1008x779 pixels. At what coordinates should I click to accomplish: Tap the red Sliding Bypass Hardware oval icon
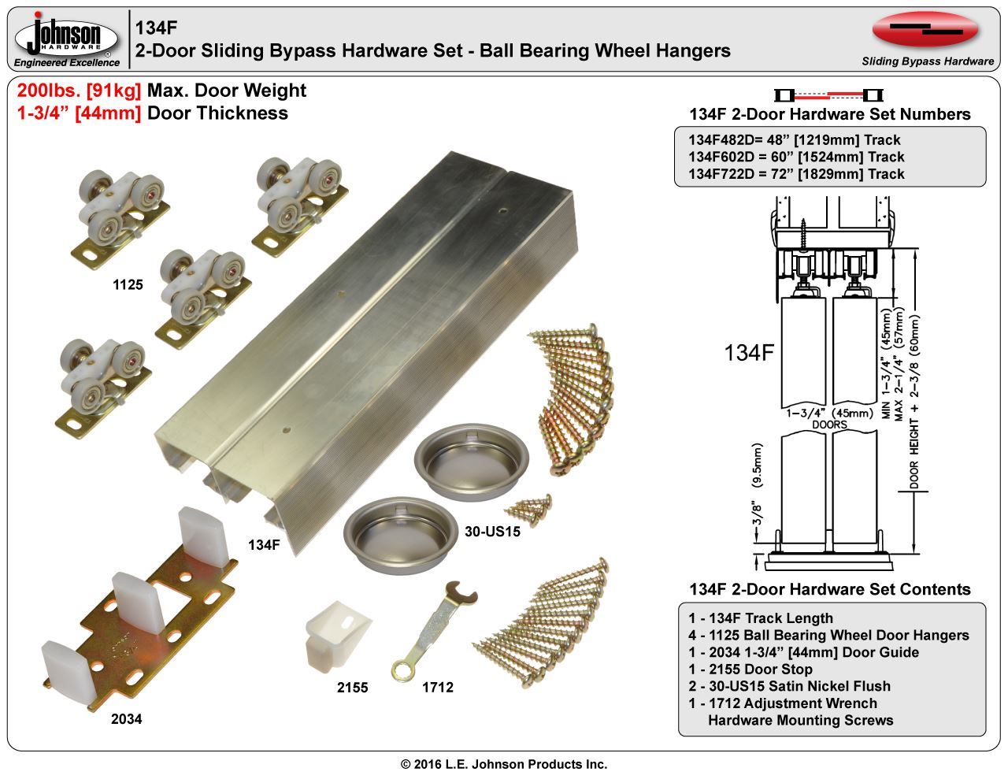pos(925,30)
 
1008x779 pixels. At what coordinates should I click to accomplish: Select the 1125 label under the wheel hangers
pos(128,284)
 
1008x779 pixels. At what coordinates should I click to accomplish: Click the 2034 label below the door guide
pos(127,718)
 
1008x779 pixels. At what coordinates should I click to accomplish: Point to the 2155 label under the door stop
pos(352,687)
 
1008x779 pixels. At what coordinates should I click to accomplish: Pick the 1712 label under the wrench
pos(438,687)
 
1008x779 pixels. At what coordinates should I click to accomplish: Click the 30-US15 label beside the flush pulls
pos(492,531)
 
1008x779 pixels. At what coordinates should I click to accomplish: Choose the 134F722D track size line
pos(796,174)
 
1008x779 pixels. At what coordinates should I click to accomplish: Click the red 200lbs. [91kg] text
pos(80,91)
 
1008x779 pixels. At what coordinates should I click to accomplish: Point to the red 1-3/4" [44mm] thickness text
pos(79,113)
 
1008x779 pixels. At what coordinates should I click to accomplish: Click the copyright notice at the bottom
pos(504,764)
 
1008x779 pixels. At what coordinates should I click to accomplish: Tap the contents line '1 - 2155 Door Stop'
pos(750,669)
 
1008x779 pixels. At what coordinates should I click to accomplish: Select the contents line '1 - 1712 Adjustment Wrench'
pos(782,703)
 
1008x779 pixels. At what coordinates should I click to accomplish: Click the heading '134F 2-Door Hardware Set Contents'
pos(829,589)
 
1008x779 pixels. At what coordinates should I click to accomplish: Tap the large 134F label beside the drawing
pos(748,353)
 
